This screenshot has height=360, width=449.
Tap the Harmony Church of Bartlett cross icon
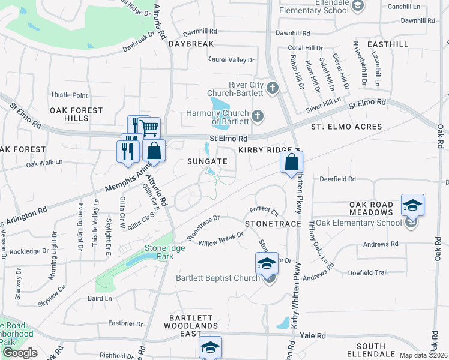point(258,116)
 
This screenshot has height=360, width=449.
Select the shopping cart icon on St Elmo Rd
point(150,127)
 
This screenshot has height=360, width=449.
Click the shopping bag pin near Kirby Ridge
point(291,162)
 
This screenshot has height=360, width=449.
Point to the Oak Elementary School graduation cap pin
point(412,205)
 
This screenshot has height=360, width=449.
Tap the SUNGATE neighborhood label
point(207,161)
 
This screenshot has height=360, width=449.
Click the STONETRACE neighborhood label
point(273,223)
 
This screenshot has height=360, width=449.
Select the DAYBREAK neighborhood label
point(191,44)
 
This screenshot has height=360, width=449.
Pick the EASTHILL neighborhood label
point(388,44)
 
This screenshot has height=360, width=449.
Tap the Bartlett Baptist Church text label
point(217,278)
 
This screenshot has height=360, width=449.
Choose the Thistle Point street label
point(69,95)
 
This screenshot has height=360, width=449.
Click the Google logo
point(20,353)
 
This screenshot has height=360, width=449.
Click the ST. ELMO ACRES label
point(346,127)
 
